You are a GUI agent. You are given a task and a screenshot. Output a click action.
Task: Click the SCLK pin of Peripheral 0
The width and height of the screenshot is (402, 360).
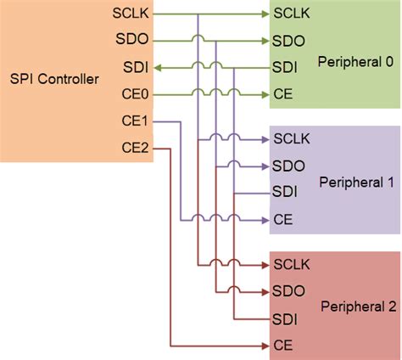coord(289,14)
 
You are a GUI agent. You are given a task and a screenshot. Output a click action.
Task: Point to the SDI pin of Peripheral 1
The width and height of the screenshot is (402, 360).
coord(284,192)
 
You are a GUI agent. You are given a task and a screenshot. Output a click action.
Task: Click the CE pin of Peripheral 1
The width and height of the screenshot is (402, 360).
coord(283,219)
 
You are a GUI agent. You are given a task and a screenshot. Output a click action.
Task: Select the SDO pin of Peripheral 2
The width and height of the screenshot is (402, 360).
coord(288,291)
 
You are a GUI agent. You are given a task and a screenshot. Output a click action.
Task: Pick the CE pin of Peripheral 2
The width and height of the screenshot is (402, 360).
coord(283,345)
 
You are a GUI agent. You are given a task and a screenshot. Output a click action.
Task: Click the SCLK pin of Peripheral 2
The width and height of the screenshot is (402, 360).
coord(289,265)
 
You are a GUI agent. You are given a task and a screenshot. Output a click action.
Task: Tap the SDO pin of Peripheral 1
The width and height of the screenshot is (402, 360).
coord(288,166)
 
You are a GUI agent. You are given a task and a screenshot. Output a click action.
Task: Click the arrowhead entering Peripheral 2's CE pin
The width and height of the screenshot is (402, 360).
coord(262,345)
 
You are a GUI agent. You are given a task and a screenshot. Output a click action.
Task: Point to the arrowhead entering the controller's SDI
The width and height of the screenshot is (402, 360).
coord(161,65)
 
